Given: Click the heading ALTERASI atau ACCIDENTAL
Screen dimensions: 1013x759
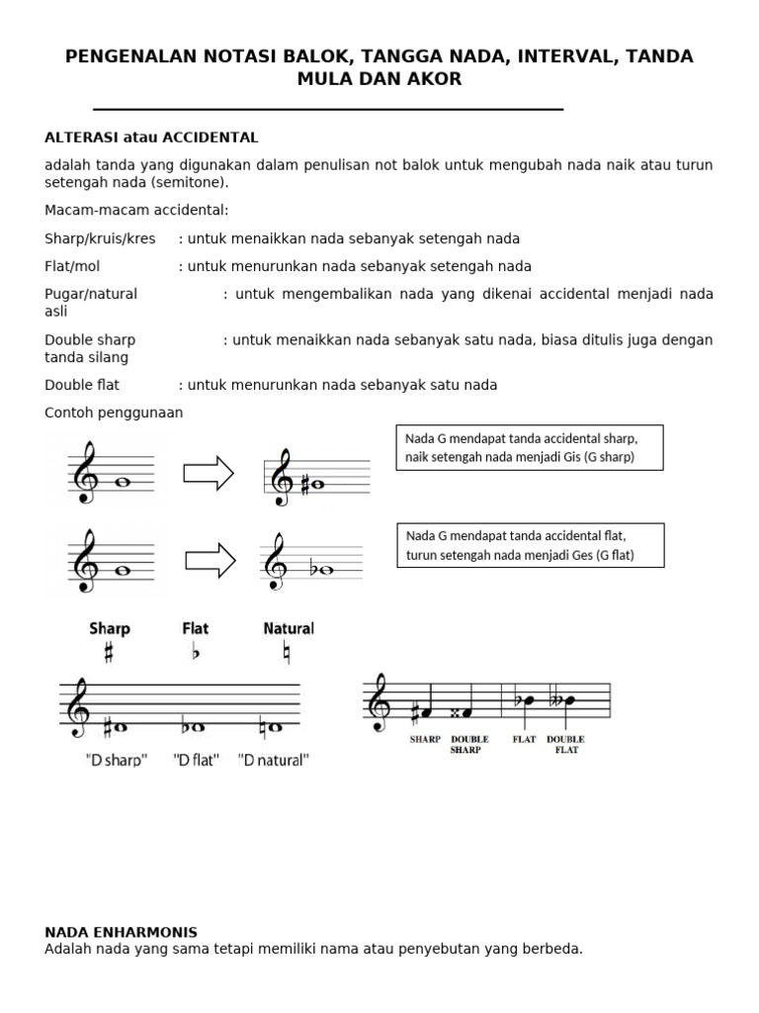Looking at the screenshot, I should coord(151,138).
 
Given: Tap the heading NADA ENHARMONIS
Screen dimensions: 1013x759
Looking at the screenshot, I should coord(122,932).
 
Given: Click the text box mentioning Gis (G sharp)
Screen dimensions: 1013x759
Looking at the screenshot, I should coord(529,447).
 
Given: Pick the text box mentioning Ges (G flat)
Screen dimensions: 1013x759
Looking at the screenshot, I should coord(529,545).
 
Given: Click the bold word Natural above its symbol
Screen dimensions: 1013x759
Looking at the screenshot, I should coord(289,628).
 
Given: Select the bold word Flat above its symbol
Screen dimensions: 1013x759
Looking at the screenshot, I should coord(196,628).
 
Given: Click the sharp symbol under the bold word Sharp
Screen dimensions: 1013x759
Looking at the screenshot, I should coord(109,654).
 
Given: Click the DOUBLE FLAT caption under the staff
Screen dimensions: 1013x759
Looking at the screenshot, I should coord(565,745).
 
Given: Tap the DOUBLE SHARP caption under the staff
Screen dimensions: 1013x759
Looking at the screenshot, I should coord(469,745).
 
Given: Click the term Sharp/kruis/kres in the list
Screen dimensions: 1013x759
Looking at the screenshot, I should coord(100,239).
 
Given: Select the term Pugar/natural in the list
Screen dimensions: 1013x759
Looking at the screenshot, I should coord(91,294).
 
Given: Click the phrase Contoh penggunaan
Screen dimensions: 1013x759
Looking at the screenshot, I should coord(114,413).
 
